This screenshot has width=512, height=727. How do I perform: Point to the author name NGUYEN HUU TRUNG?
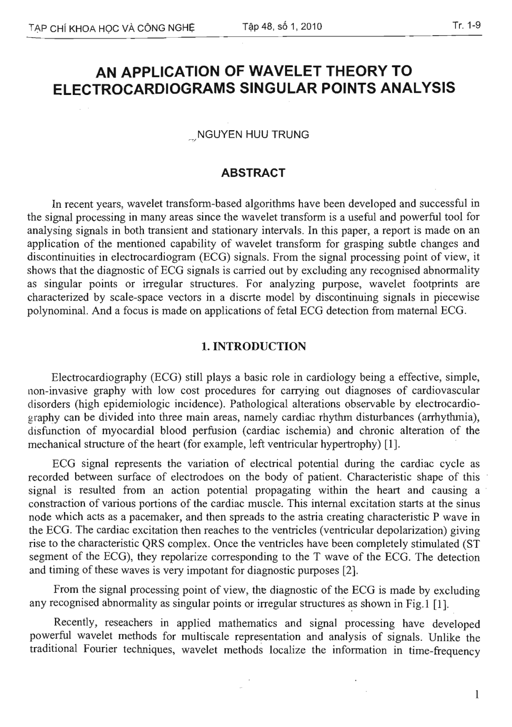[254, 134]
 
